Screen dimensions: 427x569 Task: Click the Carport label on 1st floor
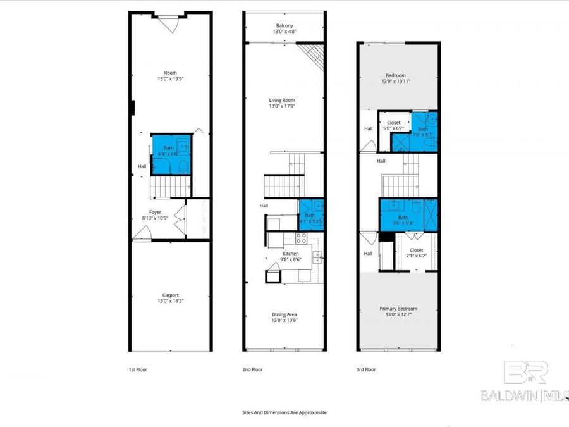coord(170,295)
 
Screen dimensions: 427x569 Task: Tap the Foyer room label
coord(155,213)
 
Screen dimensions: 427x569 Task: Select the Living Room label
coord(282,100)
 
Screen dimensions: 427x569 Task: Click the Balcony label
coord(284,25)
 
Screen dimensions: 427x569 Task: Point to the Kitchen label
coord(290,254)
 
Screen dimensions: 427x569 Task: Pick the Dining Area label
coord(284,314)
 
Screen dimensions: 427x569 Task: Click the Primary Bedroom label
coord(398,309)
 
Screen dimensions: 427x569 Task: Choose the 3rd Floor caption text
coord(365,369)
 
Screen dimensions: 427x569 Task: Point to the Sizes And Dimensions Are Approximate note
coord(284,412)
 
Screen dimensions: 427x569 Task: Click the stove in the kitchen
coord(302,238)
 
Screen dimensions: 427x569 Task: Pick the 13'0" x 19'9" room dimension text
coord(170,79)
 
